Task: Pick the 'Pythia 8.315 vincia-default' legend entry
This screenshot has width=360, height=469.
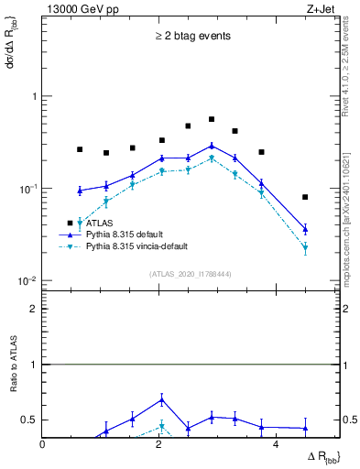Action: [x=147, y=247]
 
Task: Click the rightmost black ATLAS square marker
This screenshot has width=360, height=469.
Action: [x=305, y=197]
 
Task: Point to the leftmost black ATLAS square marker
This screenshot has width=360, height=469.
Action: [x=80, y=149]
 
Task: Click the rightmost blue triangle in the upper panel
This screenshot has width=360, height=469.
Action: [x=305, y=229]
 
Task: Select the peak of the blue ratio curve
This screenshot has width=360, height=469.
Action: [x=162, y=399]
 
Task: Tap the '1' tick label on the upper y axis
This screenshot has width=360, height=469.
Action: [x=34, y=96]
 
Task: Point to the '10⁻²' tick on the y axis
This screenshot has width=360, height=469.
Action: [x=28, y=280]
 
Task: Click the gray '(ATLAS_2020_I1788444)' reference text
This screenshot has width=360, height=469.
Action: [x=191, y=273]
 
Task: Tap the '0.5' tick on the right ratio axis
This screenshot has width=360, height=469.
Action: [x=348, y=420]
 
